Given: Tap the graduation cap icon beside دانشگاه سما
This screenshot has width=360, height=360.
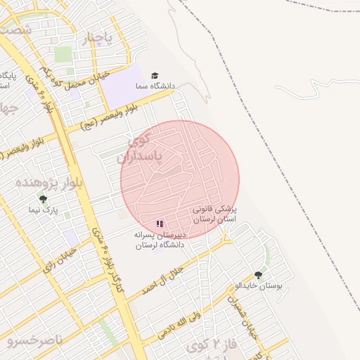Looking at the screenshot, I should (155, 75).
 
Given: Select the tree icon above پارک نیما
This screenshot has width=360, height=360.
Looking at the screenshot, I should (43, 200).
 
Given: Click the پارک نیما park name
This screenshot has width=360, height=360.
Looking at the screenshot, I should (43, 210).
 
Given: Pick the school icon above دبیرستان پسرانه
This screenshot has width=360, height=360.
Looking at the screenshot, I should (160, 224).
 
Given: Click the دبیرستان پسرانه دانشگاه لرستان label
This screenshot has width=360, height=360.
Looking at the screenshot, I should (160, 240).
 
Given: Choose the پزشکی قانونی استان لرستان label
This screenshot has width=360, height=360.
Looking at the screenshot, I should (216, 214).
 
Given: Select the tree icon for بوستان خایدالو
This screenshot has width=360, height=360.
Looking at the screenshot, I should (258, 275).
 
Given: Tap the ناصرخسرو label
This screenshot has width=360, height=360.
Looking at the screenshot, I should (35, 341).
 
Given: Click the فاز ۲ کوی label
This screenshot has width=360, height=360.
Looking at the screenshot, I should (212, 345).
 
